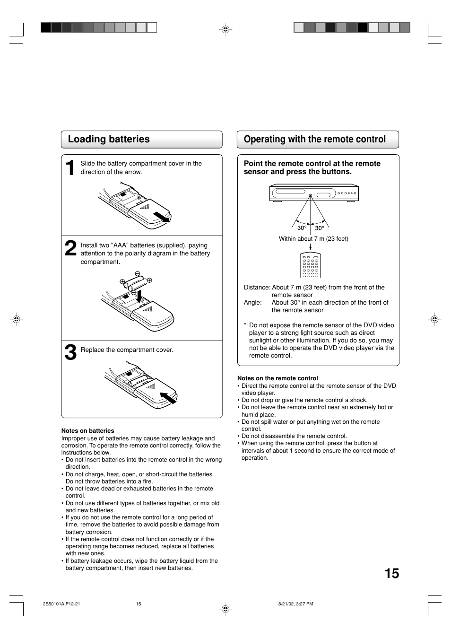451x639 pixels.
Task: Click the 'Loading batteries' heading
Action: click(x=109, y=139)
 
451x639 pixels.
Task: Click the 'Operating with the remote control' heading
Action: click(x=314, y=139)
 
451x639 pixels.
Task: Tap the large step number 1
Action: click(x=70, y=168)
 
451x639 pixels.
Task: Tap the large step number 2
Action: click(x=70, y=249)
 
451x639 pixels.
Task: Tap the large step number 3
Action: click(x=70, y=353)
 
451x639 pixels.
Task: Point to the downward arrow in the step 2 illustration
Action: click(x=139, y=296)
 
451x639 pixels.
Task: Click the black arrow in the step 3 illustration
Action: click(x=168, y=398)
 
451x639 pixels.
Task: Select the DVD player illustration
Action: click(x=314, y=193)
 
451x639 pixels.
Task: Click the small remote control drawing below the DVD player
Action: click(x=310, y=265)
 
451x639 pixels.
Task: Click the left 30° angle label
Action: click(x=302, y=228)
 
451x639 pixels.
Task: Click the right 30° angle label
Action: click(x=320, y=228)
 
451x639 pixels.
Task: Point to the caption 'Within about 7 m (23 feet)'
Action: click(x=313, y=239)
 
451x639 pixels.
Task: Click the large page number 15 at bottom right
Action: click(x=391, y=573)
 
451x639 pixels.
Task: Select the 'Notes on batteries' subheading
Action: click(x=87, y=431)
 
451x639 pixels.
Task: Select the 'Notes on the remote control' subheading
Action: click(x=278, y=378)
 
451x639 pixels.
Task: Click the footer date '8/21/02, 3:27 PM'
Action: click(x=295, y=604)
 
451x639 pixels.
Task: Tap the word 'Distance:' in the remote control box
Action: click(x=257, y=287)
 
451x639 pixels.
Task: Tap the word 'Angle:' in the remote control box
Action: click(x=252, y=302)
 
